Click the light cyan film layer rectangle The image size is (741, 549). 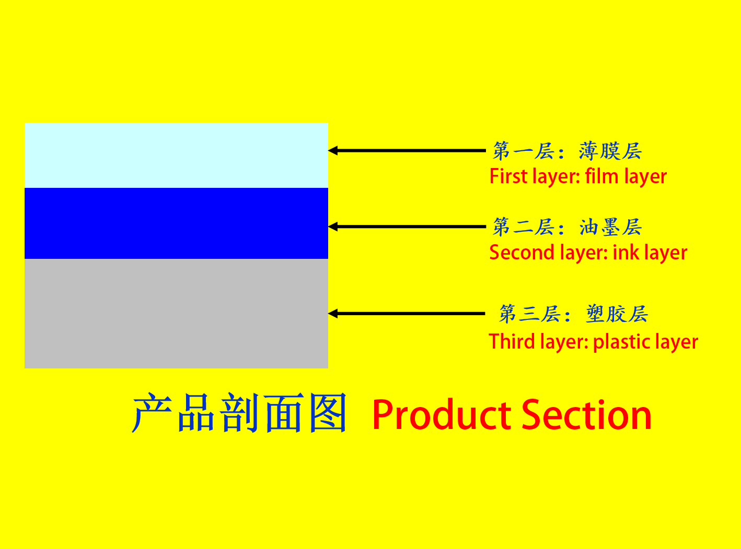[x=176, y=155]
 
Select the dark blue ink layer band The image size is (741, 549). [x=176, y=223]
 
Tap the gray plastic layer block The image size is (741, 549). [x=176, y=314]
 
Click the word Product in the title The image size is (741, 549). [x=442, y=414]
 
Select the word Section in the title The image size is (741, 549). [x=586, y=414]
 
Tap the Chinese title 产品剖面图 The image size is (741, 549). [x=239, y=412]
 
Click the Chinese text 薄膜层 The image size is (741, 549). [x=610, y=151]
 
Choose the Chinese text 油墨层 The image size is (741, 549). [x=610, y=227]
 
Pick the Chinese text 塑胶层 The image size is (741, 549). [x=617, y=314]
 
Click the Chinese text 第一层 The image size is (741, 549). [x=524, y=151]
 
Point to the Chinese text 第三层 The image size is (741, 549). [x=530, y=314]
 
